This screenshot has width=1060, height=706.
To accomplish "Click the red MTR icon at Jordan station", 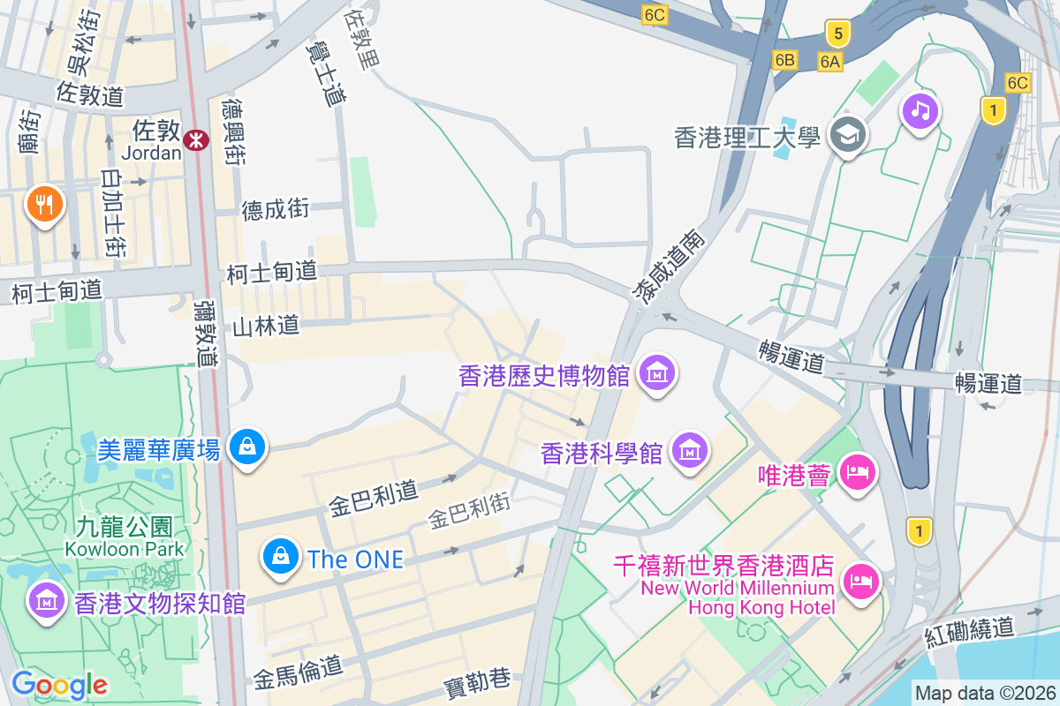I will click(195, 138).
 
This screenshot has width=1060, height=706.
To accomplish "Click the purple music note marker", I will click(920, 111).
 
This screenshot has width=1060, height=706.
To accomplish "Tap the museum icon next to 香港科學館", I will click(690, 451).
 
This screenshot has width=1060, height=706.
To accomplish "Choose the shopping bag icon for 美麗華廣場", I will click(248, 447).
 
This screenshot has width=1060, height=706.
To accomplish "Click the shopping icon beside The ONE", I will click(280, 557).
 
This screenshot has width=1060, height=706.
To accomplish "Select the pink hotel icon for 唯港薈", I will click(856, 472).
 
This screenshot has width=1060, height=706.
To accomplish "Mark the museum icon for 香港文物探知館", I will click(47, 601).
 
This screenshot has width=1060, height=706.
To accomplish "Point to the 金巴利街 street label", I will click(470, 511).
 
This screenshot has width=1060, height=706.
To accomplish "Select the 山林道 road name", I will click(266, 326).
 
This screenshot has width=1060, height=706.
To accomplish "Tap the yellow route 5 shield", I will click(837, 34).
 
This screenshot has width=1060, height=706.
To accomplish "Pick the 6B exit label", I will click(784, 60).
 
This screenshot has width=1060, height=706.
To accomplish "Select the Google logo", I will click(59, 684).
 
